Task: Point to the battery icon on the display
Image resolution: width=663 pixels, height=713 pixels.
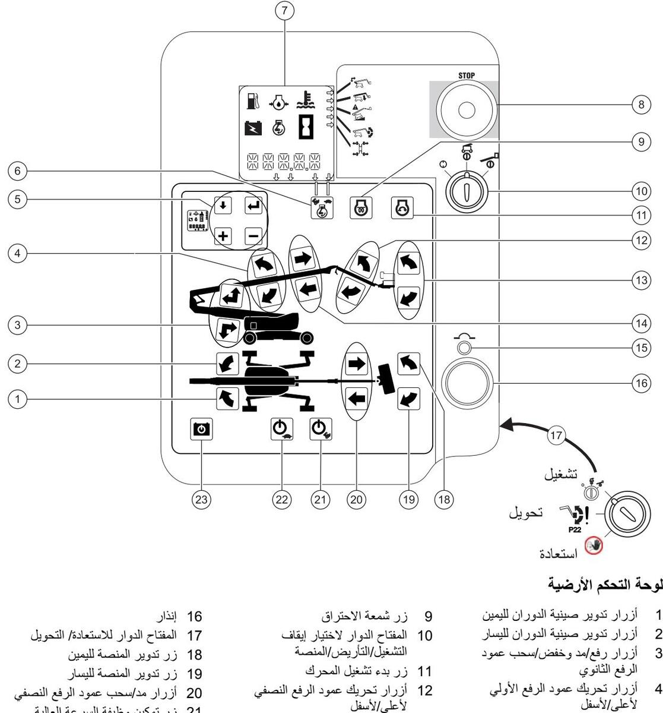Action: [x=253, y=127]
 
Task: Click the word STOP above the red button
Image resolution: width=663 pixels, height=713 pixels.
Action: [x=466, y=76]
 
